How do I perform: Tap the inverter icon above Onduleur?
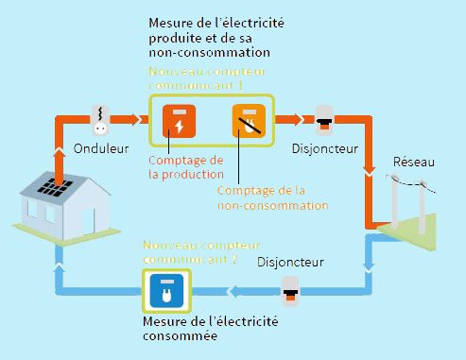click(x=99, y=119)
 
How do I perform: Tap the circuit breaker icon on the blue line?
click(x=292, y=291)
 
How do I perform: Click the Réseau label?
click(x=413, y=163)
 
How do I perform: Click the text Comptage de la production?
click(x=185, y=166)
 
